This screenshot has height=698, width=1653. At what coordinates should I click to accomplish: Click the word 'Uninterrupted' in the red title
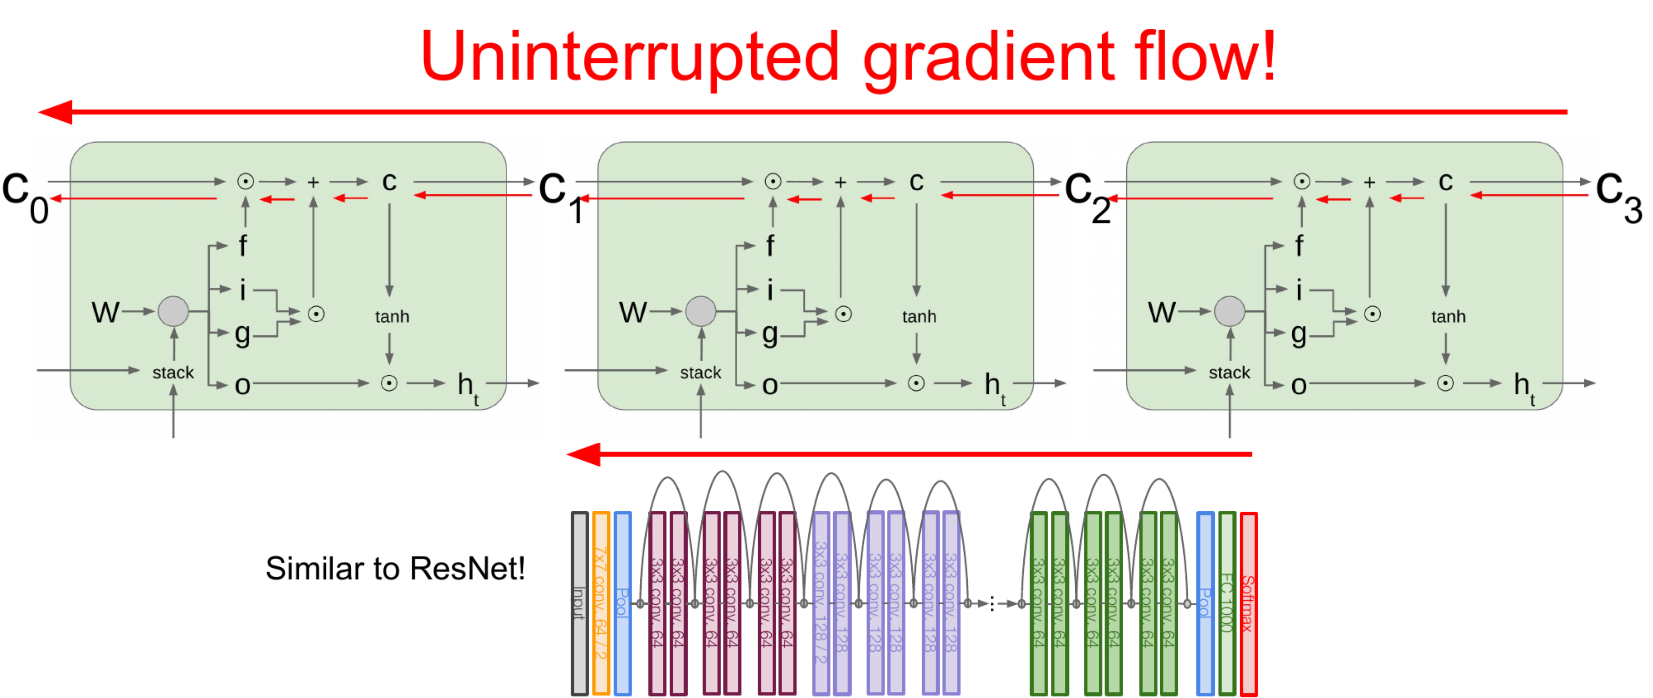click(629, 58)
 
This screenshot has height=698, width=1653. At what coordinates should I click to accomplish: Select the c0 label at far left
click(26, 196)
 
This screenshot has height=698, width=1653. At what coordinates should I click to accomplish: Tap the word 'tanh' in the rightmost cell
click(1448, 316)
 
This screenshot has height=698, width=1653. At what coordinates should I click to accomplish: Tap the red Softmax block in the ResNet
click(1248, 603)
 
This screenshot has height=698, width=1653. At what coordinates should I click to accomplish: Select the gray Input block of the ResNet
click(579, 603)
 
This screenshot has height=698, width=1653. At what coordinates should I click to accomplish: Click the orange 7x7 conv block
click(601, 603)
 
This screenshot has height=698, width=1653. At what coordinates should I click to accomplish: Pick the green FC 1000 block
click(1227, 603)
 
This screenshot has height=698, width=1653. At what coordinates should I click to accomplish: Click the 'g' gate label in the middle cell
click(770, 334)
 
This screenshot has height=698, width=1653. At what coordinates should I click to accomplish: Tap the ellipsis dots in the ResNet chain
click(992, 604)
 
